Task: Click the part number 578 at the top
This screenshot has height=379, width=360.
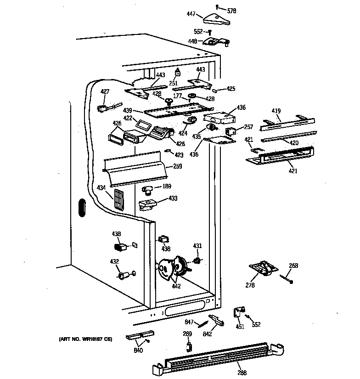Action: pos(231,11)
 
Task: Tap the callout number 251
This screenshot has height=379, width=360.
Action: pos(173,83)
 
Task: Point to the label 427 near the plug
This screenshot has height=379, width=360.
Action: pos(105,91)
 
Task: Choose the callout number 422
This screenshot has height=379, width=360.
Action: pos(128,119)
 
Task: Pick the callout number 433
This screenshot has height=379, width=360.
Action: pos(173,198)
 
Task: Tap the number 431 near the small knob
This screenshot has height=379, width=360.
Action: pos(197,246)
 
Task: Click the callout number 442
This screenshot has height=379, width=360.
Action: pos(176,286)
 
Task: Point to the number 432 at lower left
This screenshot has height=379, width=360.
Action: pos(114,262)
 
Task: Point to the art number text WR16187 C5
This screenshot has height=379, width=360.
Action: pos(85,339)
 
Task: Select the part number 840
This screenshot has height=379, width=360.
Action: pos(138,351)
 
